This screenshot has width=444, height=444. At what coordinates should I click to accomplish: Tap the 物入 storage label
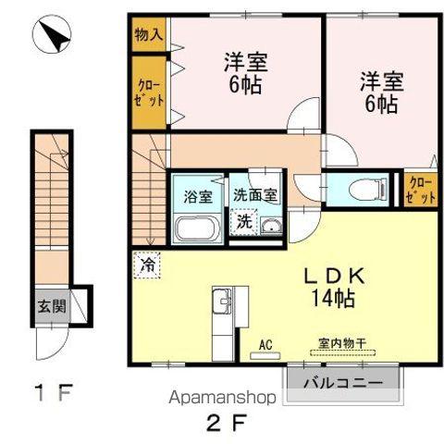(147, 36)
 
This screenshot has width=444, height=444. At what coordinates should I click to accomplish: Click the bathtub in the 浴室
(196, 228)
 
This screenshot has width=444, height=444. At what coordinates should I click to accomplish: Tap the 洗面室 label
(254, 195)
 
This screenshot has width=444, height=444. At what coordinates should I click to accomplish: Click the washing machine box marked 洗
(242, 222)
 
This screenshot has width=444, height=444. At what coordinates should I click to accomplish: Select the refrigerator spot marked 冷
(147, 264)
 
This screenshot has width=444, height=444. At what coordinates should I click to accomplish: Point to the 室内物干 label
(341, 344)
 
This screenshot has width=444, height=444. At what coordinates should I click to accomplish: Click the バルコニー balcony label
(343, 381)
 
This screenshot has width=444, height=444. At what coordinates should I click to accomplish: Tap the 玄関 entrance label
(52, 306)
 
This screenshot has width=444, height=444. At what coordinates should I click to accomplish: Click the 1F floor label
(54, 392)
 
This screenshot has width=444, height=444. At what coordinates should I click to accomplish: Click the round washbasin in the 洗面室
(269, 228)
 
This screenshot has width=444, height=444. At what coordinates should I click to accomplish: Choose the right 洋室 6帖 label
(378, 92)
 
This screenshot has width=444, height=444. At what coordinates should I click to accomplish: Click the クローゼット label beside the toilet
(420, 189)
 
